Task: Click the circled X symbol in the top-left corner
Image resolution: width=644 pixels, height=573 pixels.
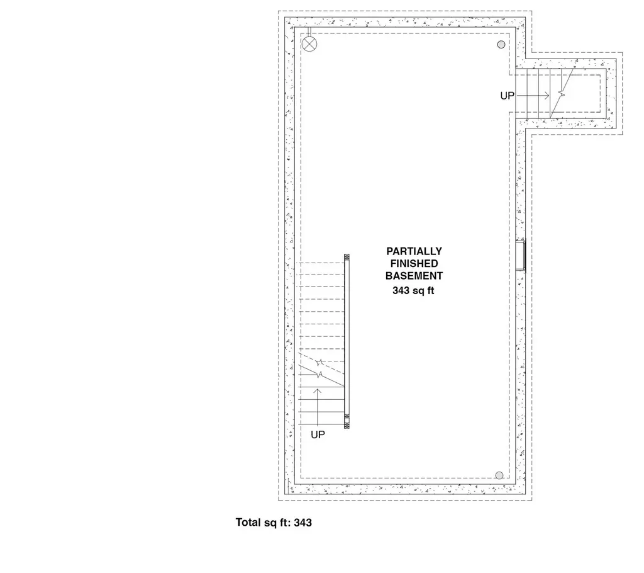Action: coord(309,43)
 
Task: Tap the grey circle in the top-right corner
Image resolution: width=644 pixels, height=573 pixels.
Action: coord(501,44)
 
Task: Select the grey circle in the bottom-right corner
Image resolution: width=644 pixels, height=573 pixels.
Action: coord(499,475)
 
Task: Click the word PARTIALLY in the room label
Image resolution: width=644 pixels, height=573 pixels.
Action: coord(414,251)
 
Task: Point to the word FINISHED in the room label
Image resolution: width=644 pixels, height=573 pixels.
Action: coord(414,263)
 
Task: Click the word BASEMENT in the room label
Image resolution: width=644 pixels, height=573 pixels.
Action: coord(414,276)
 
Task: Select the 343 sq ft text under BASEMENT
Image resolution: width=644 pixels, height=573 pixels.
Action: coord(414,290)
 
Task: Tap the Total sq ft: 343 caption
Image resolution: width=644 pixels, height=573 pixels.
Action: coord(274,523)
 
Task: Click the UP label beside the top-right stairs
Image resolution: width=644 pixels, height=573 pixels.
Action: coord(508,96)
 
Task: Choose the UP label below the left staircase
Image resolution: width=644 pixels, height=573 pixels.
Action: coord(318,434)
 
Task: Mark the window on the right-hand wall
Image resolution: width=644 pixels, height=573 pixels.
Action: coord(521,256)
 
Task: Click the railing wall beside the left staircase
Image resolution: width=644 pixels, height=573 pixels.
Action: coord(347,340)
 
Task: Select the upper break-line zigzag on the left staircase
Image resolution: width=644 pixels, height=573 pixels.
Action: coord(321,363)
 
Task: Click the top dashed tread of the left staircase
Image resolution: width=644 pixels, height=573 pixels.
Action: coord(322,263)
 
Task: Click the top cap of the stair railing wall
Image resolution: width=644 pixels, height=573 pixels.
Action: coord(347,257)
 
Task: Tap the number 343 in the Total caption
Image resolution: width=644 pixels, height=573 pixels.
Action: coord(303,523)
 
